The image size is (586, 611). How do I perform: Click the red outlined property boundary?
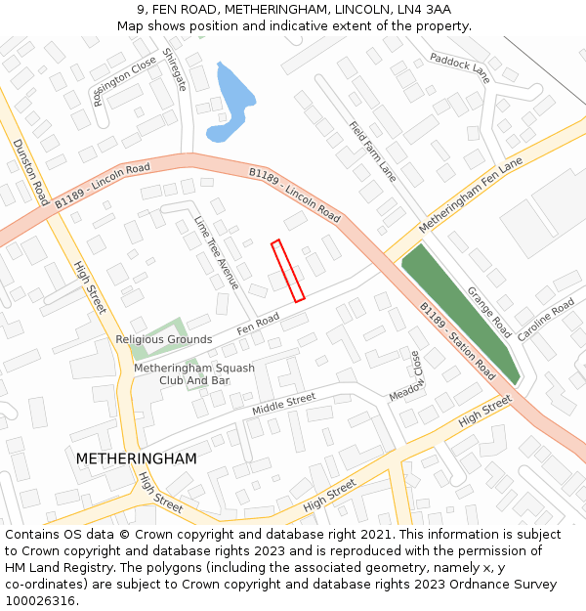[288, 270]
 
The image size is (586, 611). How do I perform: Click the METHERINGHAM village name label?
[136, 458]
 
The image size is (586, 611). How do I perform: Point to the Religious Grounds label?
[164, 339]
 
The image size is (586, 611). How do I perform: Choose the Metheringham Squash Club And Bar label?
[194, 373]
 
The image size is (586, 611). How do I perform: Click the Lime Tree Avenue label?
[216, 252]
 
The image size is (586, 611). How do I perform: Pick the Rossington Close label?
[124, 79]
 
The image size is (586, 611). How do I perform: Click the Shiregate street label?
[174, 69]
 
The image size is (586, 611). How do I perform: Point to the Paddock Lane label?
[459, 67]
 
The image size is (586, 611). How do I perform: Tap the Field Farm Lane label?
[373, 152]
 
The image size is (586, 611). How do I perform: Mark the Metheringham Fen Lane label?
[471, 196]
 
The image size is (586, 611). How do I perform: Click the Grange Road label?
[488, 312]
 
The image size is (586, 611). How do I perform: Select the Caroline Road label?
[546, 320]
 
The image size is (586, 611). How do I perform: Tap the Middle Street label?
[284, 403]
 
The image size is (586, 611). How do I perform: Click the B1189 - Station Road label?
[457, 341]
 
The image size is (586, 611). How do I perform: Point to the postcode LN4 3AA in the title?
[425, 9]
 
